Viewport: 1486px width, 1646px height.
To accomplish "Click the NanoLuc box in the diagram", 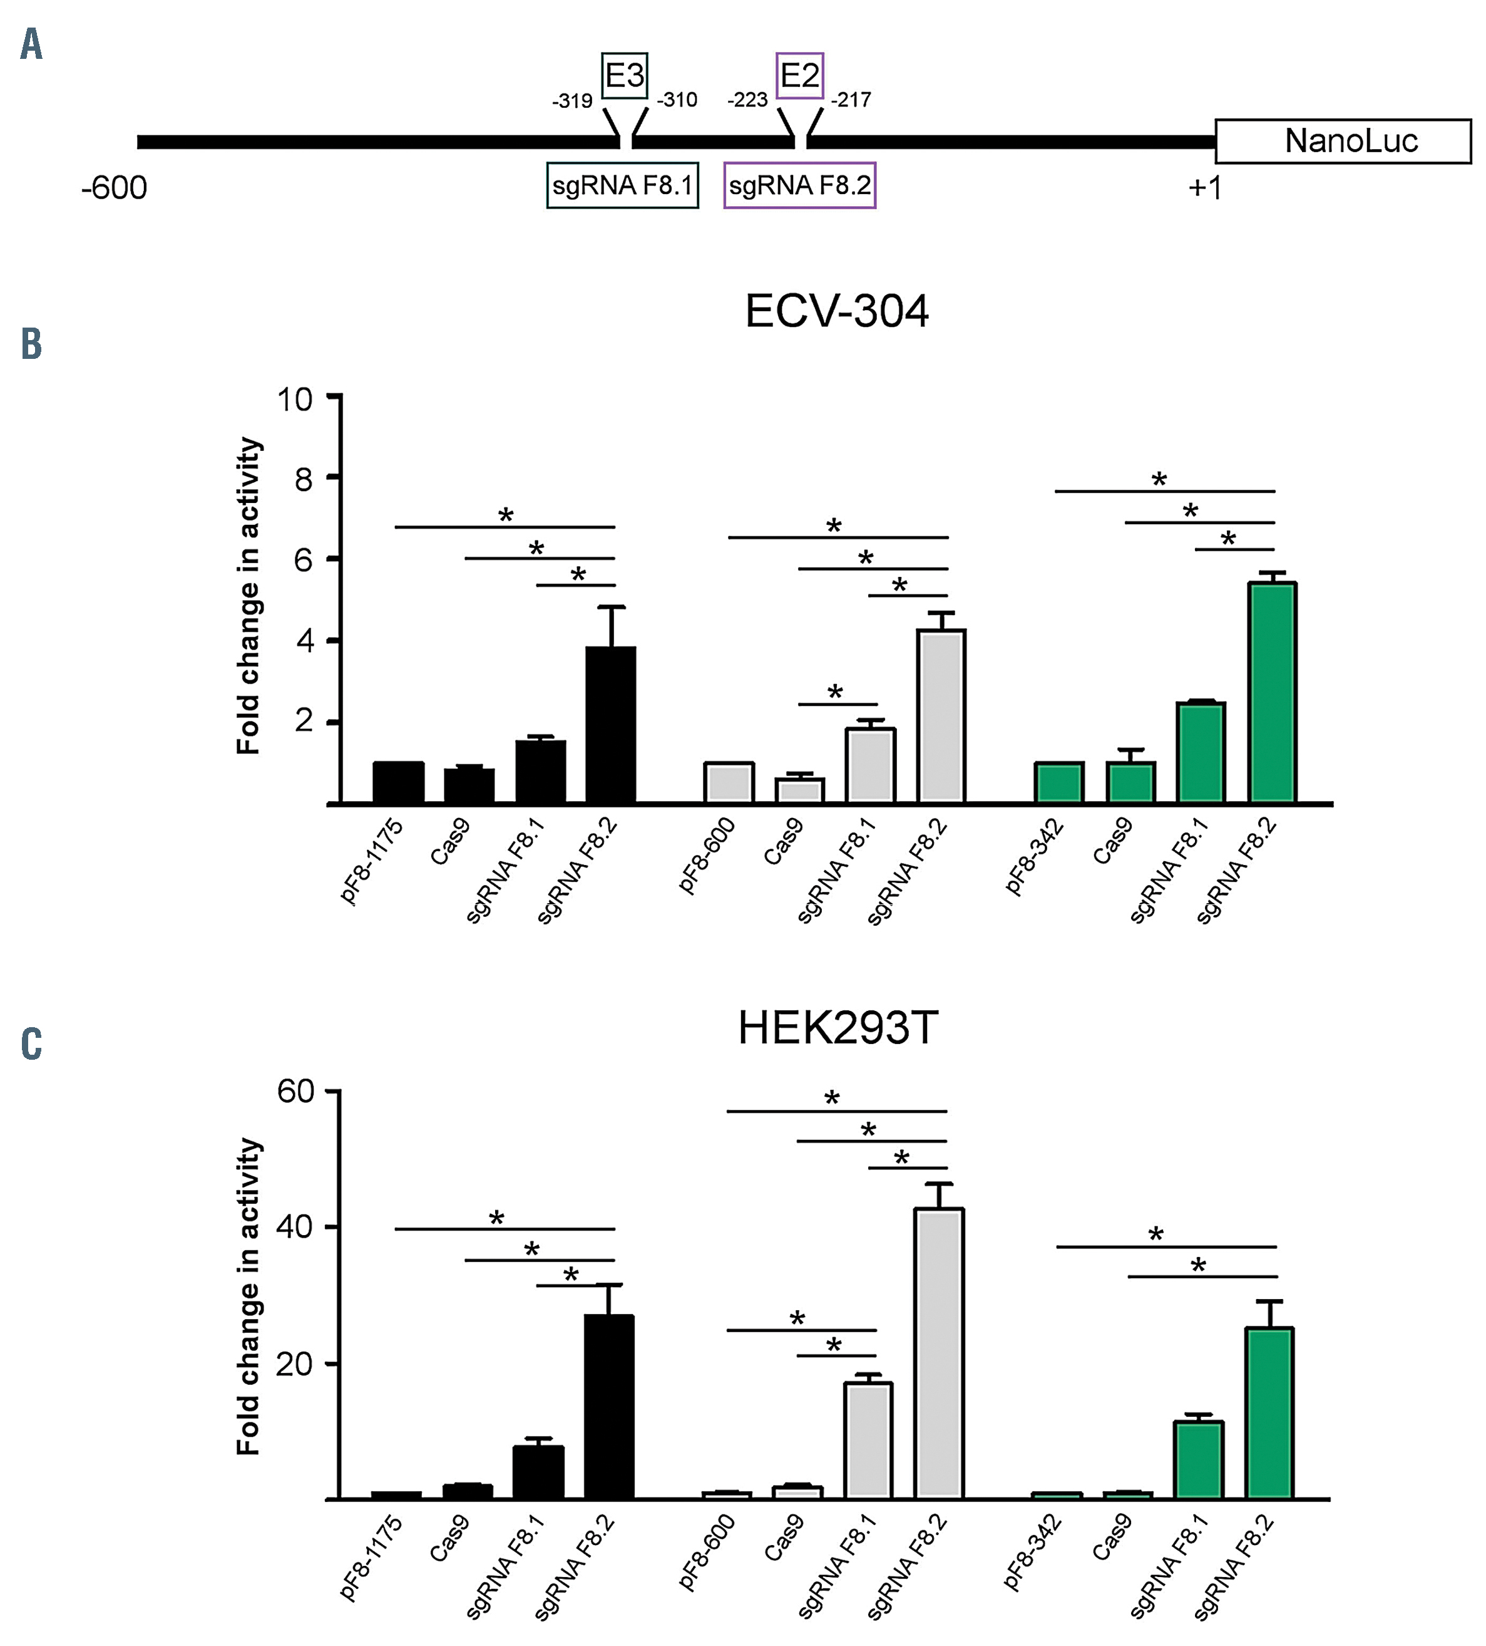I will [x=1343, y=142].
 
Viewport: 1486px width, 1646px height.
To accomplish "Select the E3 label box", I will [x=624, y=76].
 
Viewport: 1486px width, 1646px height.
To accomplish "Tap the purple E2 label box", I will [x=799, y=76].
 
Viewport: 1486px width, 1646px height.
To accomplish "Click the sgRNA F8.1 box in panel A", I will [x=622, y=186].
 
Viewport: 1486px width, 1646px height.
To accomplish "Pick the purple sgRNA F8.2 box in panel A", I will [x=799, y=186].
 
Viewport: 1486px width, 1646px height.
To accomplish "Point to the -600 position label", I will [x=115, y=189].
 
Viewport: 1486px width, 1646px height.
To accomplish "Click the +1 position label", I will [x=1204, y=189].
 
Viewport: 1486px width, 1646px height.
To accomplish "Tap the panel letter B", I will [x=31, y=344].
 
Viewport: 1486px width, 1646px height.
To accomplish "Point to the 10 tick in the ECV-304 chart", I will [x=295, y=399].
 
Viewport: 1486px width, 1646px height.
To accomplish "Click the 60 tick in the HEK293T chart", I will [x=295, y=1091].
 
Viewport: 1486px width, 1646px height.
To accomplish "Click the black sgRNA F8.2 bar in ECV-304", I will [x=610, y=725].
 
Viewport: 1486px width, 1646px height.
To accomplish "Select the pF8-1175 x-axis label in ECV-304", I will [x=372, y=861].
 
